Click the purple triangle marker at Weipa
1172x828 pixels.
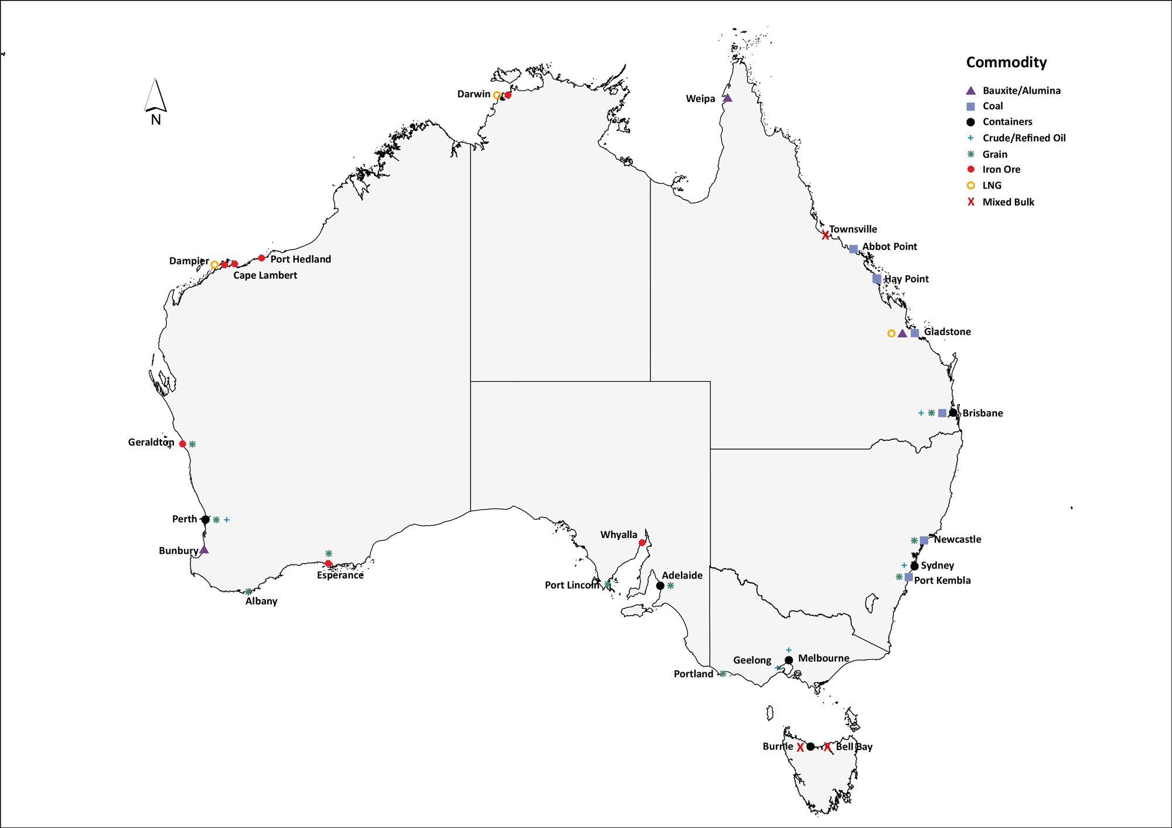(727, 98)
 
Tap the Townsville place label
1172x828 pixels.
(853, 230)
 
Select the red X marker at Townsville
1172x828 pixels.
(825, 235)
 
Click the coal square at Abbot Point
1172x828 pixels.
(853, 249)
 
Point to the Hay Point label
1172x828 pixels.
(906, 279)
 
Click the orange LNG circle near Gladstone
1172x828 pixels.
(891, 334)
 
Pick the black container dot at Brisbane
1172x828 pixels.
(953, 413)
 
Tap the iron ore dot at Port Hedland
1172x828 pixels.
(261, 258)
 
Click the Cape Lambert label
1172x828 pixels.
(265, 275)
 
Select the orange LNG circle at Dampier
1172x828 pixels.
(214, 265)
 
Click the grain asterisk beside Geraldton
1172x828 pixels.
(192, 444)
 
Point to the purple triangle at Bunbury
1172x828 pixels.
(204, 550)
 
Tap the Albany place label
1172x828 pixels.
(261, 601)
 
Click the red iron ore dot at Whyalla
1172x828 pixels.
(642, 543)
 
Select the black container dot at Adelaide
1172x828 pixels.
(660, 586)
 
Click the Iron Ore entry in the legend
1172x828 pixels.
(1001, 170)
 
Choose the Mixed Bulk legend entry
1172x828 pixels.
(1008, 202)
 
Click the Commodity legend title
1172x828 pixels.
(1006, 63)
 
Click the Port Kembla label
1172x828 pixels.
(942, 581)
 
